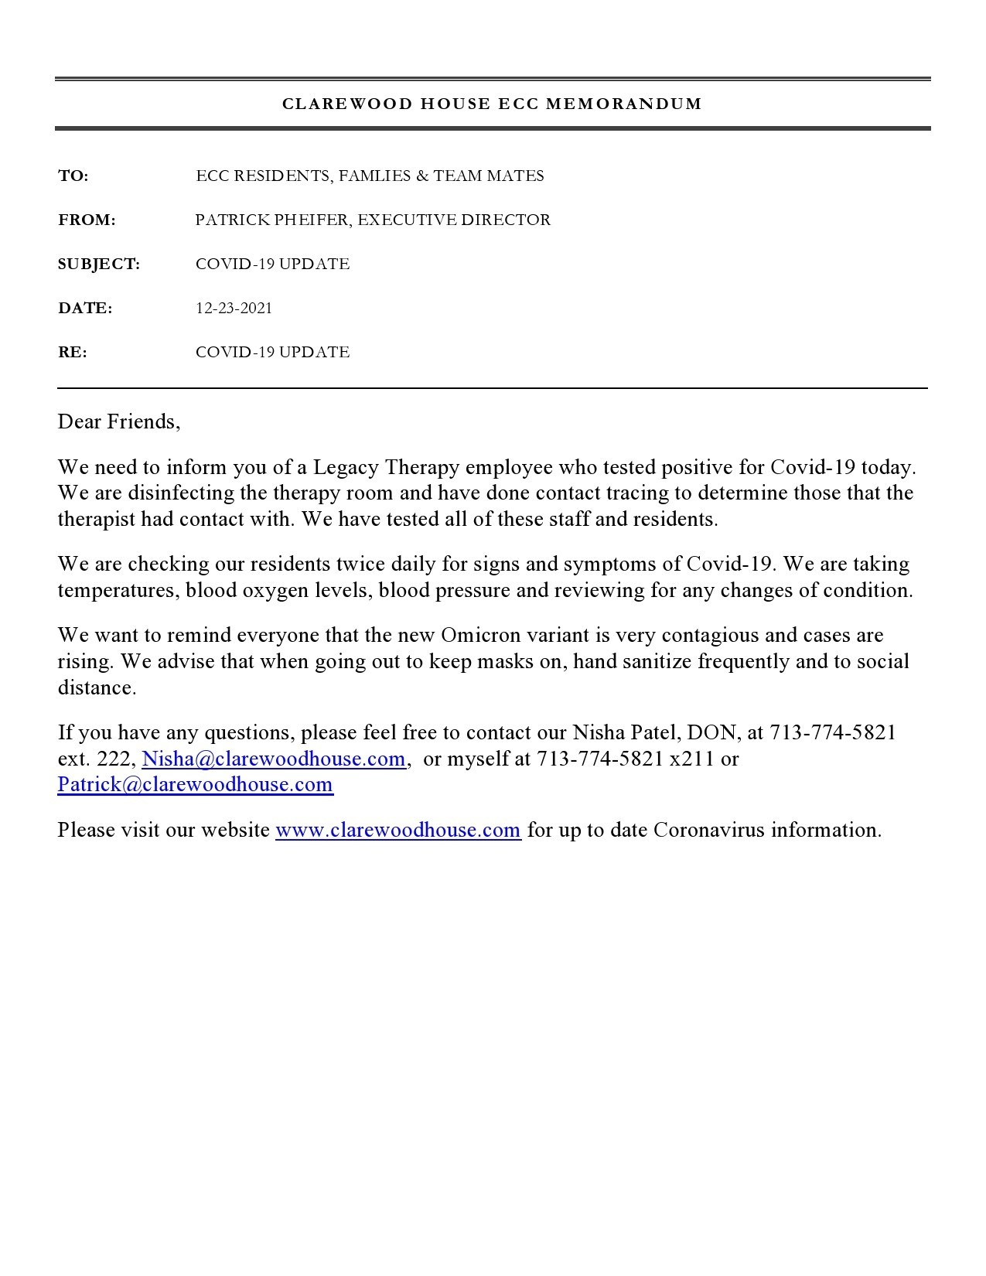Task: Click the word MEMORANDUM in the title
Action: (x=624, y=104)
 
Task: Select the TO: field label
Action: (x=73, y=176)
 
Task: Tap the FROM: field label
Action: (x=87, y=220)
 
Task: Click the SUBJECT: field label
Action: (x=99, y=264)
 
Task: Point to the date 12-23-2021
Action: (x=234, y=309)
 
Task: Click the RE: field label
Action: (x=73, y=353)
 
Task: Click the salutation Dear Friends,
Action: (x=119, y=422)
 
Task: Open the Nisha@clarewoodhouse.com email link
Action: (x=274, y=759)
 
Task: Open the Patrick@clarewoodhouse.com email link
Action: (x=196, y=785)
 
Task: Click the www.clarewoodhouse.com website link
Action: (x=398, y=831)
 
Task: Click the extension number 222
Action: (x=114, y=759)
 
